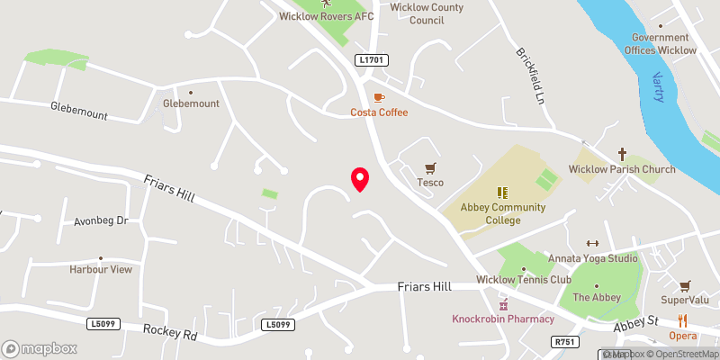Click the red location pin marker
(x=360, y=179)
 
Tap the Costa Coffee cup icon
(x=379, y=96)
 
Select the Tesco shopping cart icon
(x=430, y=167)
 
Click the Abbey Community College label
(x=503, y=214)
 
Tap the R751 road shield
(x=563, y=341)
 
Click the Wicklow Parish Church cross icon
(x=622, y=154)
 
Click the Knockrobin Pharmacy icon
(x=503, y=305)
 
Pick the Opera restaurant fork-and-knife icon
(x=682, y=320)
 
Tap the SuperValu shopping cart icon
(x=686, y=285)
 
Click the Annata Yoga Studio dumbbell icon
(x=592, y=243)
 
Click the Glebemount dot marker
(x=191, y=91)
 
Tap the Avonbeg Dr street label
(x=102, y=220)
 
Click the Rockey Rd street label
(x=170, y=333)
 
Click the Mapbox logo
(x=39, y=347)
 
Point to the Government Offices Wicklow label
(x=664, y=44)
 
